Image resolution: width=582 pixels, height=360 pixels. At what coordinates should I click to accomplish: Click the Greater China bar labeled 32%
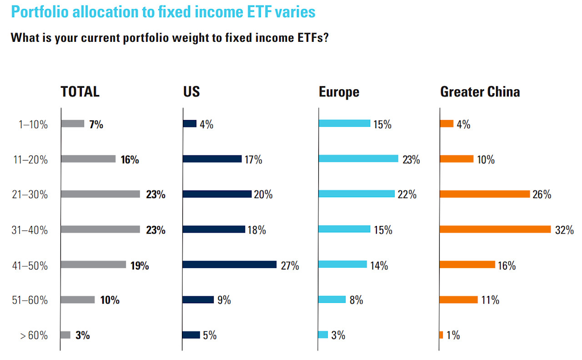(x=495, y=230)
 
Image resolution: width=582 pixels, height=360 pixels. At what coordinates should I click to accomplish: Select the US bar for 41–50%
(x=230, y=265)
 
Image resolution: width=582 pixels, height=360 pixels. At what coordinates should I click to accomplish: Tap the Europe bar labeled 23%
(x=358, y=159)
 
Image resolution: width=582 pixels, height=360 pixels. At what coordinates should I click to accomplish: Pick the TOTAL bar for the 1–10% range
(x=73, y=124)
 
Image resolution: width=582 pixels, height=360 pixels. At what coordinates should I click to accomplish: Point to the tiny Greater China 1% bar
(x=442, y=335)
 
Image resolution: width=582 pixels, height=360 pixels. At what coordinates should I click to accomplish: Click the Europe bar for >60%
(x=323, y=335)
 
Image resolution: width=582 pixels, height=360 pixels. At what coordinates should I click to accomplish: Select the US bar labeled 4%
(x=190, y=124)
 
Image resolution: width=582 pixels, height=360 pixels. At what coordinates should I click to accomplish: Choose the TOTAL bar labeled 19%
(x=93, y=265)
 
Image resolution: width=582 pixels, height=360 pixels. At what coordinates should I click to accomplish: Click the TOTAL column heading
(x=80, y=92)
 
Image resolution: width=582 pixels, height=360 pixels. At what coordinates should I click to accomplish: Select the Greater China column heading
(x=480, y=92)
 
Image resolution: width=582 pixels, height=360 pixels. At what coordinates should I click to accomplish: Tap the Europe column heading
(x=339, y=92)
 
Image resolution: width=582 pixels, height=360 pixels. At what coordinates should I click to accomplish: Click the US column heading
(x=191, y=92)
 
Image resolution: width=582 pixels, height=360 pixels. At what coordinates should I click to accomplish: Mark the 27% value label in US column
(x=290, y=265)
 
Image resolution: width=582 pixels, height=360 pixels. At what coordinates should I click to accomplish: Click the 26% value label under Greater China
(x=542, y=195)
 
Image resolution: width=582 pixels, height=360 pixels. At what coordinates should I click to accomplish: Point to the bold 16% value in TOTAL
(x=130, y=160)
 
